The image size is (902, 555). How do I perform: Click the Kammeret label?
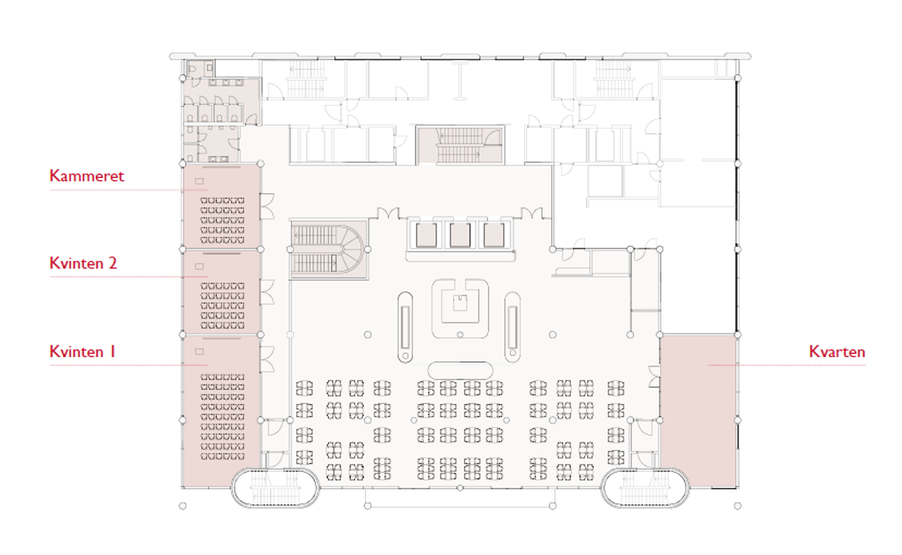point(86,176)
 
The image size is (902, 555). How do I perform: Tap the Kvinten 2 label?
point(84,263)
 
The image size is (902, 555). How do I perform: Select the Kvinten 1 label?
point(82,351)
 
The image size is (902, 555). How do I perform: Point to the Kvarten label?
point(837,351)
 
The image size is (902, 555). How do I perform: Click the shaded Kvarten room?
point(698,411)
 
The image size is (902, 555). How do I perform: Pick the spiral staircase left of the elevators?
point(329,249)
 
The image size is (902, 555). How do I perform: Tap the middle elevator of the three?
point(460,235)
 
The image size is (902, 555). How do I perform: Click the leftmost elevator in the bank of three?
point(426,235)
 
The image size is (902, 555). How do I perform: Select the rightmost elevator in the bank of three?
point(494,235)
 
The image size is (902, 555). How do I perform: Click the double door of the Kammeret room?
point(267,206)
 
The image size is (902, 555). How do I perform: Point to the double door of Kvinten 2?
point(267,292)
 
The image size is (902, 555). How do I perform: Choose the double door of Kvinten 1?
point(267,360)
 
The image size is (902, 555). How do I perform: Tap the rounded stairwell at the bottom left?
point(276,488)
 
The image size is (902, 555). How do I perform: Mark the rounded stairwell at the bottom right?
point(645,488)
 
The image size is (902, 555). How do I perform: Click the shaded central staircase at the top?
point(460,144)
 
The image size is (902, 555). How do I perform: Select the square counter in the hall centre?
point(460,309)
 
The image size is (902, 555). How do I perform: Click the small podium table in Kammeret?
point(199,181)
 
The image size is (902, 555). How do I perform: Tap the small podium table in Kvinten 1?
point(199,351)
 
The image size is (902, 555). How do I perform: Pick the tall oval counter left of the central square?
point(405,327)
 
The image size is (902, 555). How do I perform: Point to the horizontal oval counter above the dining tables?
point(460,370)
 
